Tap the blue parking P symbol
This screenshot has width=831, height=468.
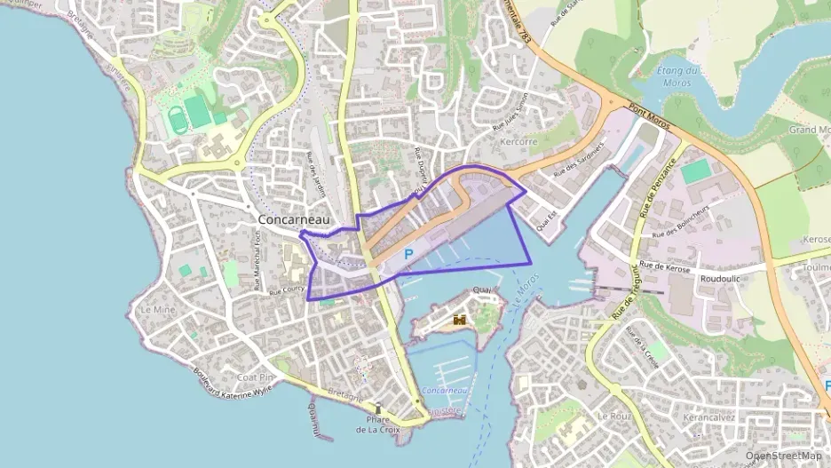408,255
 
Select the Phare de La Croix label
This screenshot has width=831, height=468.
379,424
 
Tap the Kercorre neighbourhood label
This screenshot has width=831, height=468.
518,142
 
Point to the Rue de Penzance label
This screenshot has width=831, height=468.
657,187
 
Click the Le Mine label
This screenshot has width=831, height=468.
158,311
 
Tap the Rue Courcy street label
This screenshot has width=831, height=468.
286,290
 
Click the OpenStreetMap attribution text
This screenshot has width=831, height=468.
784,456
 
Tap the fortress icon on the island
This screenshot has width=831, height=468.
459,320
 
